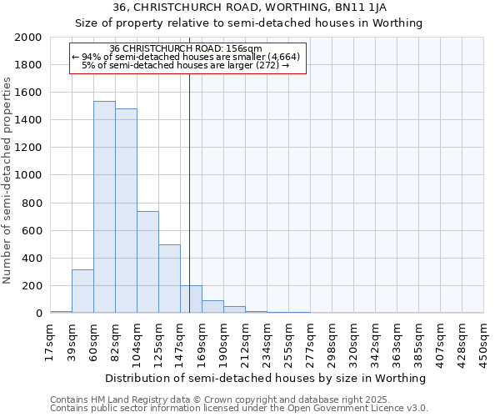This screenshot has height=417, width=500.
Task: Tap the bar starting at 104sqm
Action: pyautogui.click(x=147, y=262)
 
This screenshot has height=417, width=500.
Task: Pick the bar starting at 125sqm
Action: pyautogui.click(x=169, y=279)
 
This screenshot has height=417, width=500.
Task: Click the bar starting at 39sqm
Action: pyautogui.click(x=82, y=291)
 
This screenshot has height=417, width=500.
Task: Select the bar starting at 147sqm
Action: pyautogui.click(x=191, y=299)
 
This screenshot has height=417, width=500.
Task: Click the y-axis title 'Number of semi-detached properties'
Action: pyautogui.click(x=8, y=180)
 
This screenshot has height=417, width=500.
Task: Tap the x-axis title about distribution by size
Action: pyautogui.click(x=267, y=378)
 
